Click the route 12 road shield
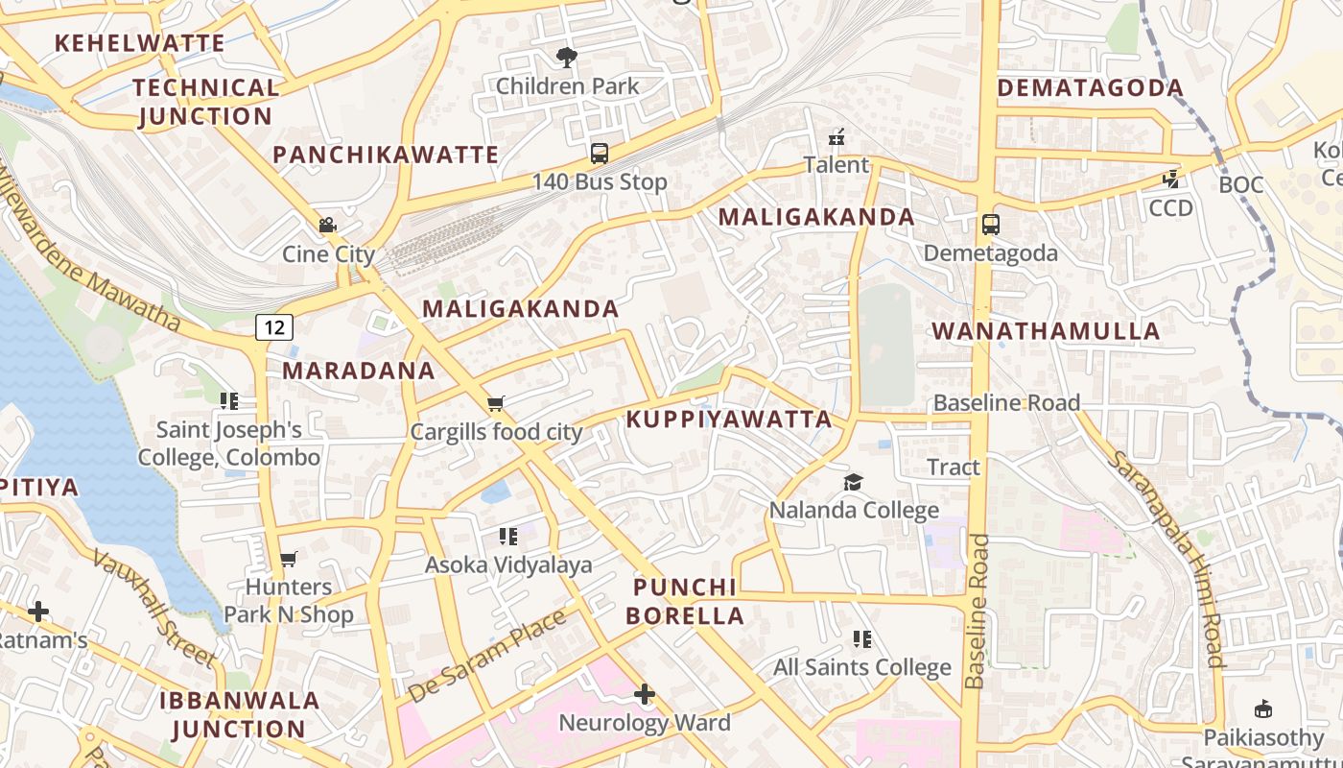[x=274, y=327]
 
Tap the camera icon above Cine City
[x=327, y=226]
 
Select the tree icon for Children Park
[x=567, y=58]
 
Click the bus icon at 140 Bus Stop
[x=600, y=154]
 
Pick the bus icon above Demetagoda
[x=991, y=226]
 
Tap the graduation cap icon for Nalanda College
[x=853, y=482]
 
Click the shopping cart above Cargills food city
[x=496, y=404]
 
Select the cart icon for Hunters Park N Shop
[x=288, y=559]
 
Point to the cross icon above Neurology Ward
[x=645, y=694]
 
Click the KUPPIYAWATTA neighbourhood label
[x=729, y=420]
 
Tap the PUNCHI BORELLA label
[x=686, y=602]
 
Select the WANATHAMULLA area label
[x=1046, y=332]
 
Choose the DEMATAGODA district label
[x=1091, y=88]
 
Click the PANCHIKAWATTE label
[x=386, y=155]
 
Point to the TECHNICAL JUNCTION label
[x=205, y=102]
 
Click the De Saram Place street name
[x=487, y=656]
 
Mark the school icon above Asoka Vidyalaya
[x=508, y=537]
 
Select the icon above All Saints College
[x=862, y=639]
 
